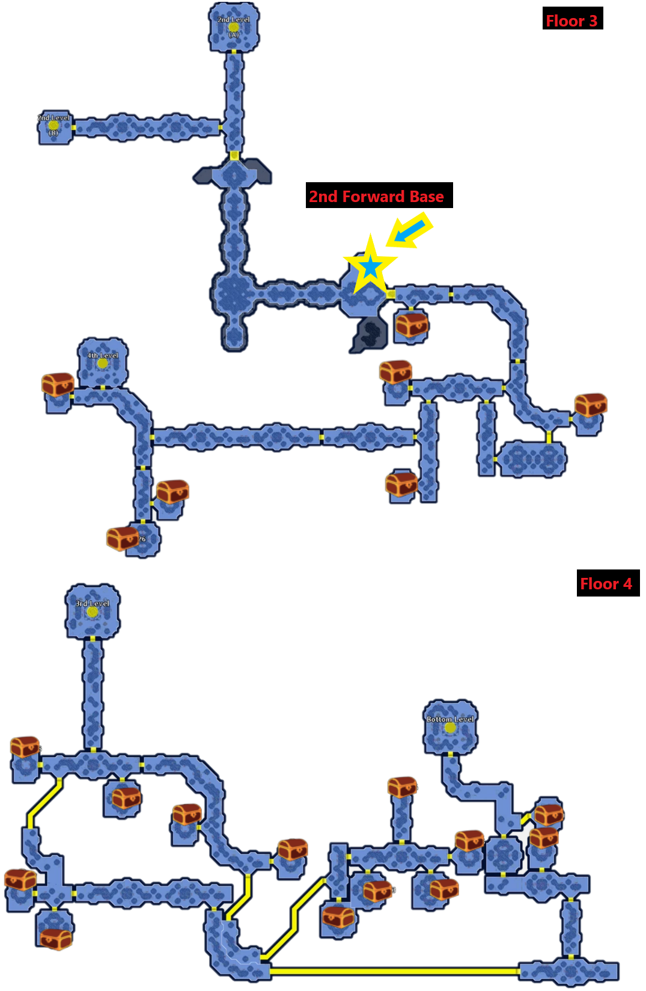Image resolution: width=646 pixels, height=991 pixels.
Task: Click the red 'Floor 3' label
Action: [571, 21]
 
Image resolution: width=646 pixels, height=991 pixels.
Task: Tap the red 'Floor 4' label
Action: [605, 584]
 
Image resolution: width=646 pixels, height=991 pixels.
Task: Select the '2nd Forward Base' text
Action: [376, 197]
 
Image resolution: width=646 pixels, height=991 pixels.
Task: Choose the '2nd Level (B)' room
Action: [54, 126]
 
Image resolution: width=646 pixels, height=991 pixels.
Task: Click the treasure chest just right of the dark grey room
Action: [412, 325]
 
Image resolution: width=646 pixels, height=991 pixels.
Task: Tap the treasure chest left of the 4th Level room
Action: [58, 384]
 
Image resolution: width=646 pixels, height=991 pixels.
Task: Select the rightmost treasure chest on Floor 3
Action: [591, 405]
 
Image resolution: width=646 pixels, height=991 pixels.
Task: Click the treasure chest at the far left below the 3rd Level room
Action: [25, 746]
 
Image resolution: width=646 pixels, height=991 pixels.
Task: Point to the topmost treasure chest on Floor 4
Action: [402, 786]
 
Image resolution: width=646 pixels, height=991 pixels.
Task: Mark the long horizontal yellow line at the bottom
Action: [394, 971]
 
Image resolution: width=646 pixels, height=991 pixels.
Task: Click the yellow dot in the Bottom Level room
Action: [450, 728]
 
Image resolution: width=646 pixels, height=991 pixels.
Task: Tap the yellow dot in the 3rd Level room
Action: [92, 612]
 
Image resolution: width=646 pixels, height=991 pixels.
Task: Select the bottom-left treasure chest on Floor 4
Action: [56, 938]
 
